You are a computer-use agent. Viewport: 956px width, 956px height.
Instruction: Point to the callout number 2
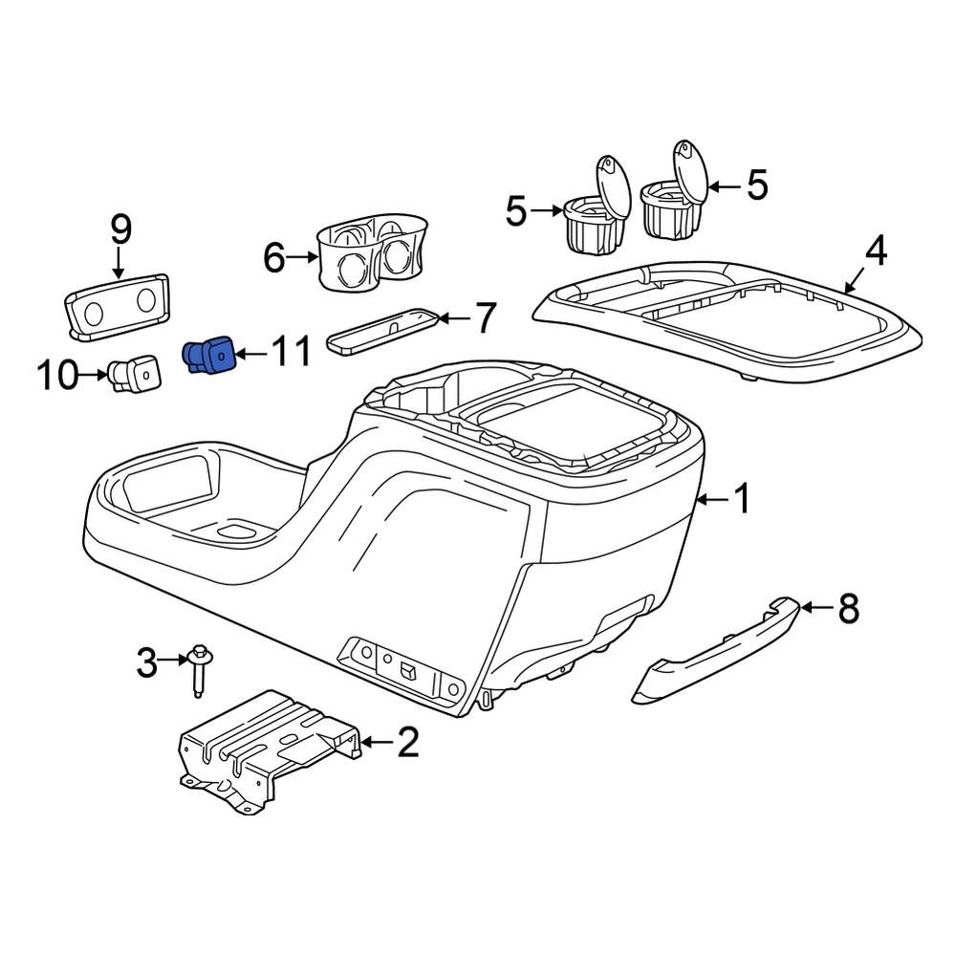pos(408,741)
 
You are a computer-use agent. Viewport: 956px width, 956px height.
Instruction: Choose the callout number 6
pos(274,257)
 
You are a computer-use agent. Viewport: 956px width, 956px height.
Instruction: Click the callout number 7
pos(485,318)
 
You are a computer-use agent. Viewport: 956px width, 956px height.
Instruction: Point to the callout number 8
pos(848,608)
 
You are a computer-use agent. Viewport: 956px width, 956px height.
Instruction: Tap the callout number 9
pos(121,229)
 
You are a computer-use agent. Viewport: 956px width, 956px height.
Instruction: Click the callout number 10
pos(57,375)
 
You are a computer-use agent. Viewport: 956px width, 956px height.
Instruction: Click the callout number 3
pos(146,661)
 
